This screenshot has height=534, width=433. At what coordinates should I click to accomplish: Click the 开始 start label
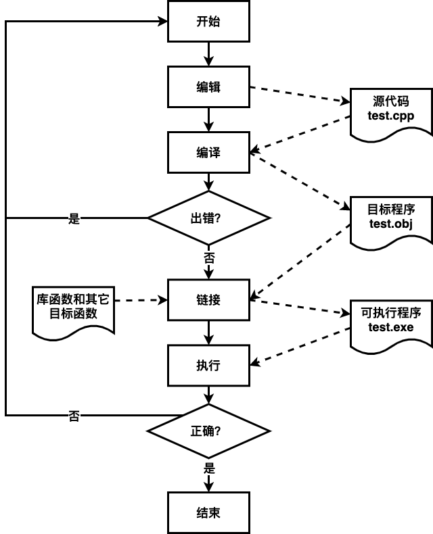(x=208, y=22)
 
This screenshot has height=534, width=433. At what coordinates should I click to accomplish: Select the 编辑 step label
(x=208, y=87)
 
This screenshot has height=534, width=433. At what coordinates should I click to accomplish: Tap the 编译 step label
(x=208, y=153)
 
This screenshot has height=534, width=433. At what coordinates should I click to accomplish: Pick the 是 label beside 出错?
(x=74, y=218)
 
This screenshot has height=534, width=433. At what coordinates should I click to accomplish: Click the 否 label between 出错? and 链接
(x=210, y=258)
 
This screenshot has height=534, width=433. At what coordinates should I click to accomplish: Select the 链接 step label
(x=208, y=300)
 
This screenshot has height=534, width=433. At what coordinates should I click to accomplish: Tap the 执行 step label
(x=208, y=366)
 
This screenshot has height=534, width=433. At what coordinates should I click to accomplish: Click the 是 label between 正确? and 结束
(x=210, y=468)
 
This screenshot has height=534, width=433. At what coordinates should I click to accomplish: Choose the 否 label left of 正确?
(x=74, y=416)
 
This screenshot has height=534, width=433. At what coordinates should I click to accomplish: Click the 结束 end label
(x=208, y=513)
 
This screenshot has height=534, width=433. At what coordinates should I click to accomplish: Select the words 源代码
(x=391, y=101)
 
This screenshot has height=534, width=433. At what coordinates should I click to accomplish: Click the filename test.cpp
(x=391, y=116)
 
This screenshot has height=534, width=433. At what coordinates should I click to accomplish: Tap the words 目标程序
(x=391, y=209)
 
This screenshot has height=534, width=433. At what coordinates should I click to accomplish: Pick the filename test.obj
(x=391, y=224)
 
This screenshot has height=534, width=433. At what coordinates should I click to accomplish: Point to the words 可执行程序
(x=391, y=313)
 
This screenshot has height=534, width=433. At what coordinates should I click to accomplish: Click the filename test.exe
(x=391, y=327)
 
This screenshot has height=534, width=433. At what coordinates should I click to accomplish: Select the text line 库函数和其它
(x=73, y=299)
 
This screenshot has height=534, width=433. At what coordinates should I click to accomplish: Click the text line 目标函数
(x=73, y=314)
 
